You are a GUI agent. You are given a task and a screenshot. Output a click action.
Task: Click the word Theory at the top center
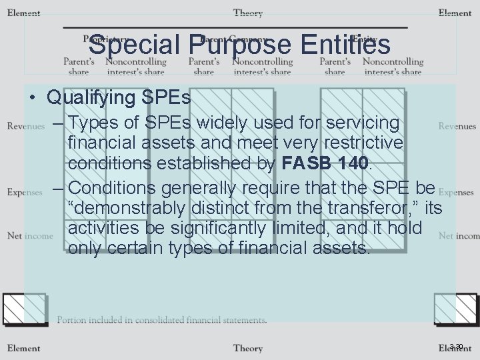248,13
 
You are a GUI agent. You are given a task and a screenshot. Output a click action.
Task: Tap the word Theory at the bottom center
248,348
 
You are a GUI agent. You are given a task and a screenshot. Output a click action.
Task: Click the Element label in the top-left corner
24,13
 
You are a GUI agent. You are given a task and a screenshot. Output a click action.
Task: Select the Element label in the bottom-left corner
24,348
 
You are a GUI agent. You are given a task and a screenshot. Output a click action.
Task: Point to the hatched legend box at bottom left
24,309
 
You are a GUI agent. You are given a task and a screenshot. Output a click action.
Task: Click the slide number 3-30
457,346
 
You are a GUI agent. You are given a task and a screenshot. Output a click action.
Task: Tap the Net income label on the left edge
30,235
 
